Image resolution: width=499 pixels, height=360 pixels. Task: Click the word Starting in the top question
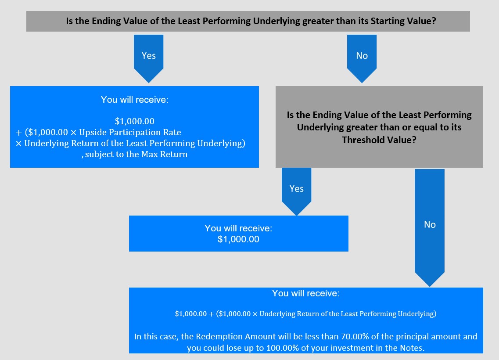pos(388,21)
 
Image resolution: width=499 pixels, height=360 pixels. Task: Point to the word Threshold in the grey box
pos(361,140)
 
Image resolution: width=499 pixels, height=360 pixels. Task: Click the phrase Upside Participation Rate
pos(130,132)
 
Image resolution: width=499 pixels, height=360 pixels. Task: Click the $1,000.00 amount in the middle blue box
pos(238,239)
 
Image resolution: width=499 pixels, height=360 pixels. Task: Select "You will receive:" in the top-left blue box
pos(135,100)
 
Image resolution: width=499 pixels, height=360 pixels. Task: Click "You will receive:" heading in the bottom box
pos(306,293)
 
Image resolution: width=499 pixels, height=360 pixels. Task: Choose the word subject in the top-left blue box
pos(99,155)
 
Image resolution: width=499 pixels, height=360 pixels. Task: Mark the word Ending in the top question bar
pos(106,21)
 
